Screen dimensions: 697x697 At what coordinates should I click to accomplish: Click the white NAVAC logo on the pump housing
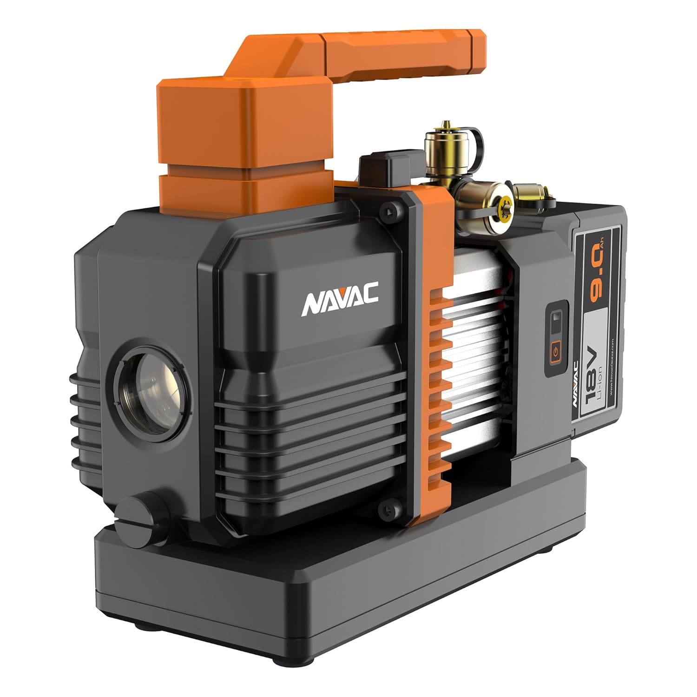tap(340, 303)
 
